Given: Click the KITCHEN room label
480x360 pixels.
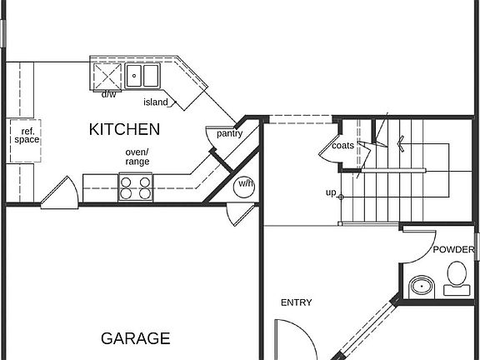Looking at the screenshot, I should (125, 130).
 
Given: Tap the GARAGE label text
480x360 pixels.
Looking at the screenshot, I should (136, 338).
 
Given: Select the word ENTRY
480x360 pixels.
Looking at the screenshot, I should (296, 302).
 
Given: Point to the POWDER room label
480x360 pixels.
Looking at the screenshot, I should (452, 249).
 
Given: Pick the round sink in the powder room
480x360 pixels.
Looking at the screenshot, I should (422, 287).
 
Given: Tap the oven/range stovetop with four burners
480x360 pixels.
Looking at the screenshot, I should (136, 187).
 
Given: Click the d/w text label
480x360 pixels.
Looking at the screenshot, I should (108, 94).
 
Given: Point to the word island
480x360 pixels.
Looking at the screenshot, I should (156, 102).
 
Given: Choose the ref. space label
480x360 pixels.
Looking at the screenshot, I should (26, 135).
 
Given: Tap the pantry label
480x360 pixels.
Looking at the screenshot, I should (229, 133).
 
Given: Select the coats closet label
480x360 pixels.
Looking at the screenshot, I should (342, 145).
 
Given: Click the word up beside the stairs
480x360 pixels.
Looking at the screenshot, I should (331, 193).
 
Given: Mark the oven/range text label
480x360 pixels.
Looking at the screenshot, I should (137, 157).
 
